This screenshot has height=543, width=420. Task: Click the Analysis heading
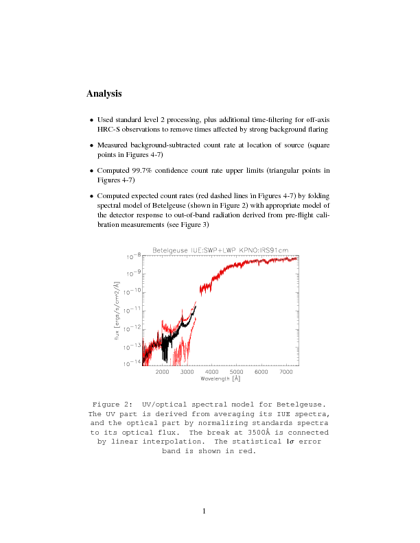pyautogui.click(x=104, y=93)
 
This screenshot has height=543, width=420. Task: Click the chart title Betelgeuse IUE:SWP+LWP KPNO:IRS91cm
pyautogui.click(x=212, y=250)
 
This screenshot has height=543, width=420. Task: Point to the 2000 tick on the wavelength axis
pyautogui.click(x=163, y=372)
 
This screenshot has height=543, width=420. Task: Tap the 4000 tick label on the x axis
pyautogui.click(x=212, y=372)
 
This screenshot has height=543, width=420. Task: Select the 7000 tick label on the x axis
pyautogui.click(x=285, y=372)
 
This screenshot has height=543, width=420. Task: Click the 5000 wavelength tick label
pyautogui.click(x=237, y=372)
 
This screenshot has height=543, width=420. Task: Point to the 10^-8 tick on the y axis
pyautogui.click(x=134, y=256)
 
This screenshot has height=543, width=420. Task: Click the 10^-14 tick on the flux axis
pyautogui.click(x=132, y=363)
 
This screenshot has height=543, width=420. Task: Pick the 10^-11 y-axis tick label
pyautogui.click(x=132, y=310)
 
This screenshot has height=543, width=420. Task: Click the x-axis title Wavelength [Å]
pyautogui.click(x=220, y=378)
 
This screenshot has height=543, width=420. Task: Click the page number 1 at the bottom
pyautogui.click(x=205, y=510)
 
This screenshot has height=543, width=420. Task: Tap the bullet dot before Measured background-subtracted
pyautogui.click(x=91, y=145)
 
